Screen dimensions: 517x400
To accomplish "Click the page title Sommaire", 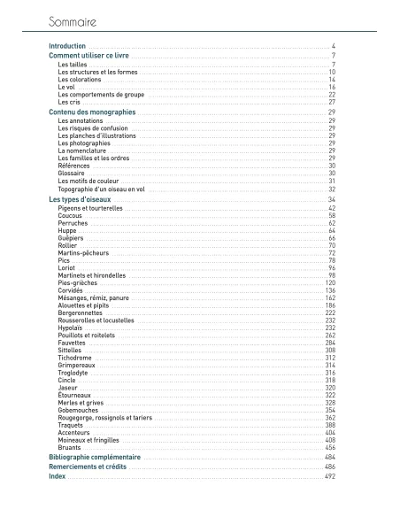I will pos(72,19).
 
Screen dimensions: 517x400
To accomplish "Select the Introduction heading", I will pos(67,45).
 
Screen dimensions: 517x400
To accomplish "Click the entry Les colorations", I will pos(80,80).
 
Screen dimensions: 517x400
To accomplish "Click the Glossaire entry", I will pos(72,174).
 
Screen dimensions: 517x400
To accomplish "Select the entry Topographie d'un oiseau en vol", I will pos(101,189).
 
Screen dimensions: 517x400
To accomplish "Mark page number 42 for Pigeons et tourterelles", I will pos(332,208).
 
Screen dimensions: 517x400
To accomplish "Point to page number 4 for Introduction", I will pos(333,45).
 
